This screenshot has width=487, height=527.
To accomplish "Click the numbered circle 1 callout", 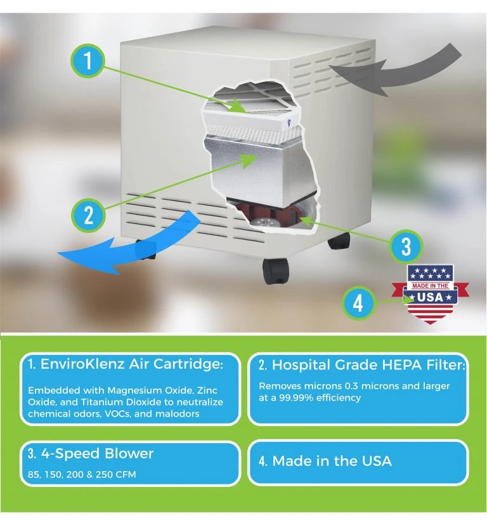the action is pos(88,61).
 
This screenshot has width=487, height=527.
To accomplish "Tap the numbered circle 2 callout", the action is pos(88,215).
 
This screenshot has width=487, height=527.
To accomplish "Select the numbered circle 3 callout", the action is pos(406,247).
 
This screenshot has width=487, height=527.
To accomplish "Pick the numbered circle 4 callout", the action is pos(358,302).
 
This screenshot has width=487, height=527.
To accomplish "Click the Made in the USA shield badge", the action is pos(430,294).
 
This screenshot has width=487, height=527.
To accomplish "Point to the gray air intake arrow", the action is pos(396,70).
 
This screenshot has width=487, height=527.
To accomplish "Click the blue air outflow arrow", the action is pos(129,243).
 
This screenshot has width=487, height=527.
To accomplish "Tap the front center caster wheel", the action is pos(275,271).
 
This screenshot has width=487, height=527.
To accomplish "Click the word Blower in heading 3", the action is pos(129,453).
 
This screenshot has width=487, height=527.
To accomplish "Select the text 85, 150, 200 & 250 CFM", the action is pos(82,474).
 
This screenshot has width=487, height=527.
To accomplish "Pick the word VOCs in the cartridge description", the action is pos(117,413).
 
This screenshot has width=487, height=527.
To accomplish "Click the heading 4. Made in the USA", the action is pos(325,461).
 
